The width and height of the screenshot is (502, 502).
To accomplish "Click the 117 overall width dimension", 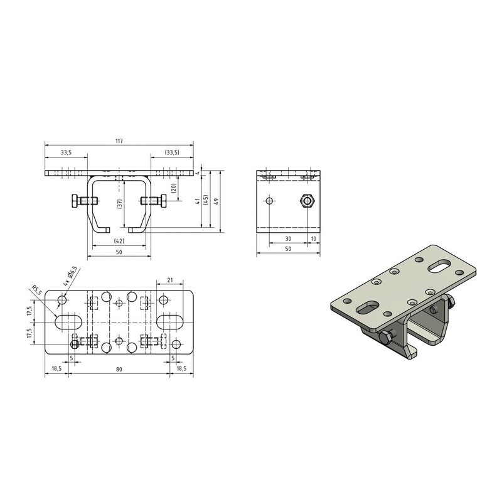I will (x=119, y=141).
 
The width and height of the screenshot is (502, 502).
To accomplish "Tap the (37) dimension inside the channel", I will (x=120, y=205).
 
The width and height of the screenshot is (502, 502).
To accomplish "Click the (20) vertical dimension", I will (x=173, y=188).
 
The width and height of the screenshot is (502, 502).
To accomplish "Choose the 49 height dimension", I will (x=216, y=201).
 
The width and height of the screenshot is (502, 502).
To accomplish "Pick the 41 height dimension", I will (x=198, y=201).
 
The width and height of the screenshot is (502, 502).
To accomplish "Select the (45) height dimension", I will (x=206, y=201).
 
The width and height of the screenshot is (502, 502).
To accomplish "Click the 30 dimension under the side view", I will (x=288, y=238).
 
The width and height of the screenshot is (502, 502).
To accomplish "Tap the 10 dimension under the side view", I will (x=313, y=238).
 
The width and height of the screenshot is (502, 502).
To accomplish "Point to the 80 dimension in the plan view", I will (x=119, y=370).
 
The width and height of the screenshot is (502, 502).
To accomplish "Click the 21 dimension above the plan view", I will (x=170, y=280).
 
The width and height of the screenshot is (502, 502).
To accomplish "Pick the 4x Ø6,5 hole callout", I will (x=70, y=276).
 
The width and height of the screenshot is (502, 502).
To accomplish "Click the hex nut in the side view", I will (x=307, y=201).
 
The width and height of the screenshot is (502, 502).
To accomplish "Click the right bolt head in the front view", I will (x=163, y=201).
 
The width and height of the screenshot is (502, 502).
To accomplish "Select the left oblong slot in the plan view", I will (x=67, y=322).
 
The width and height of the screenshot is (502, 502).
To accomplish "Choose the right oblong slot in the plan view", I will (x=169, y=322).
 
